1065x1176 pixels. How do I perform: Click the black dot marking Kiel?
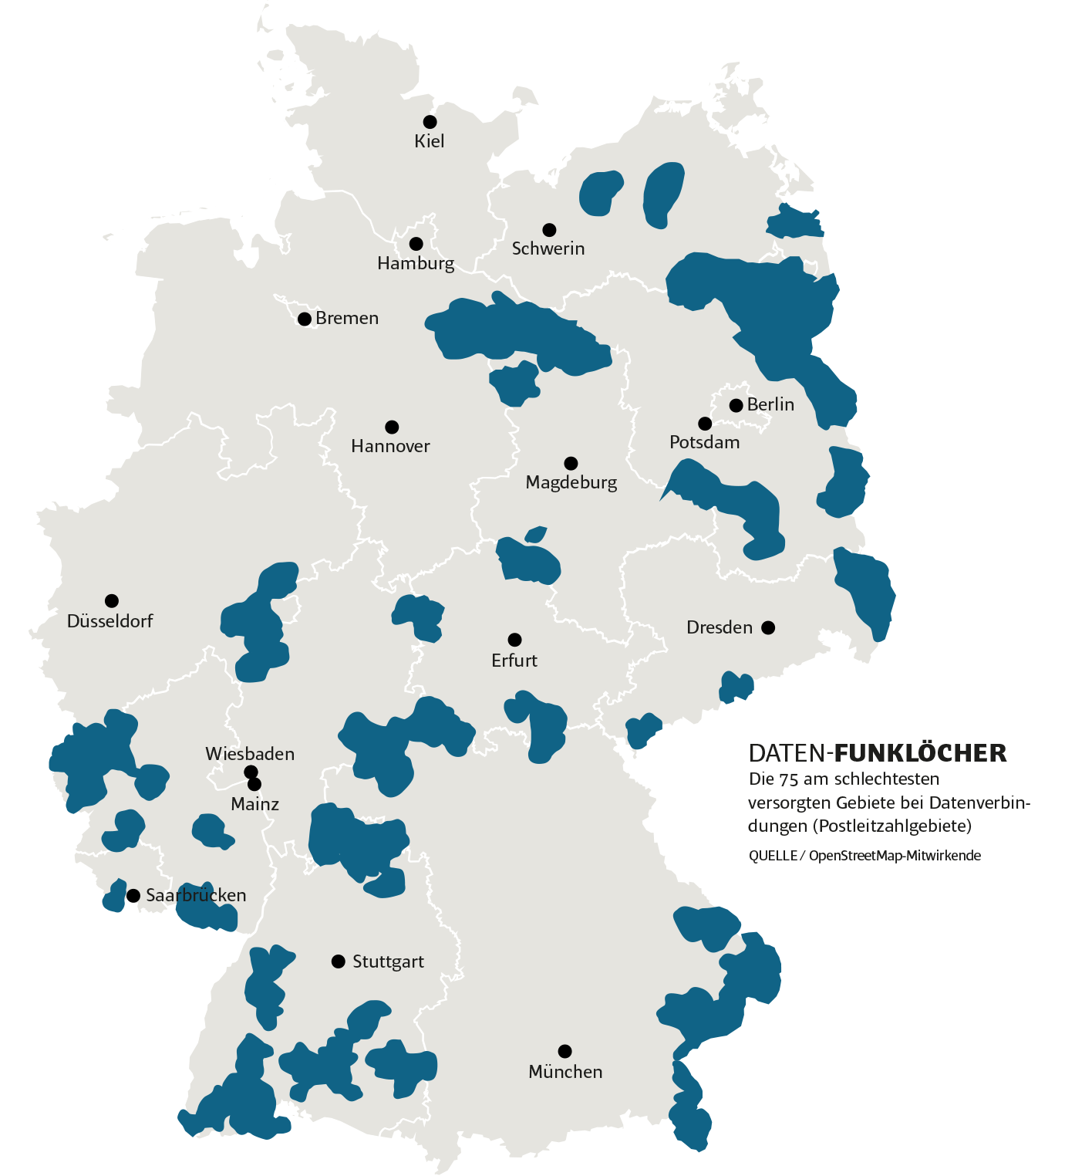pos(430,122)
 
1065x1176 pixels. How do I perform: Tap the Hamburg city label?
pos(416,264)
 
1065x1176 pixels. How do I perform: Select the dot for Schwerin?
pos(549,230)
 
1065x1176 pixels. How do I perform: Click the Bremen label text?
pos(347,319)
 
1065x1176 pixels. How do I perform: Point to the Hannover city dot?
pos(392,427)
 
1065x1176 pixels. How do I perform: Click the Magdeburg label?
pos(571,483)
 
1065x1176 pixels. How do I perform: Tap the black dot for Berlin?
pos(736,405)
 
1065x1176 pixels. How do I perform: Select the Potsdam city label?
pos(704,443)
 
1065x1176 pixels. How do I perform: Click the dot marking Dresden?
pos(768,627)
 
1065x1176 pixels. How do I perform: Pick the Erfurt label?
pos(514,661)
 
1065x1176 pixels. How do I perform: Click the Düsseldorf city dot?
pos(112,600)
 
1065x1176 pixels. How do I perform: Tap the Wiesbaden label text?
pos(250,754)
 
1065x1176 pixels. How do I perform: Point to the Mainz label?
pos(254,804)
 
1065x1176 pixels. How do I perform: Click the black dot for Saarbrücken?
pos(133,895)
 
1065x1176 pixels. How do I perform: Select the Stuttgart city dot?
pos(338,961)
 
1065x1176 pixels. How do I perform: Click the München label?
pos(565,1072)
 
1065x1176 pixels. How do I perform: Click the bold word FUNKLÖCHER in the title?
pos(921,753)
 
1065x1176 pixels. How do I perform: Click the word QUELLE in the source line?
pos(773,856)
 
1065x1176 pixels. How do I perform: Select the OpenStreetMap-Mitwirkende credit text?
pos(895,856)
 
